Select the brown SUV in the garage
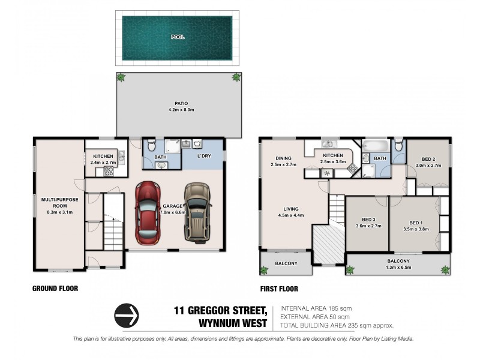point(197,212)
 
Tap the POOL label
point(178,37)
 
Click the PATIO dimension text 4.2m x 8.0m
point(178,109)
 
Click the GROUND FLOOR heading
point(55,289)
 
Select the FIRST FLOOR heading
point(278,289)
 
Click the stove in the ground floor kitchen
point(110,170)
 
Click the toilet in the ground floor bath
point(152,145)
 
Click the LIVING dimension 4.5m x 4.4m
point(292,215)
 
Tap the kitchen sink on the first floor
point(328,145)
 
